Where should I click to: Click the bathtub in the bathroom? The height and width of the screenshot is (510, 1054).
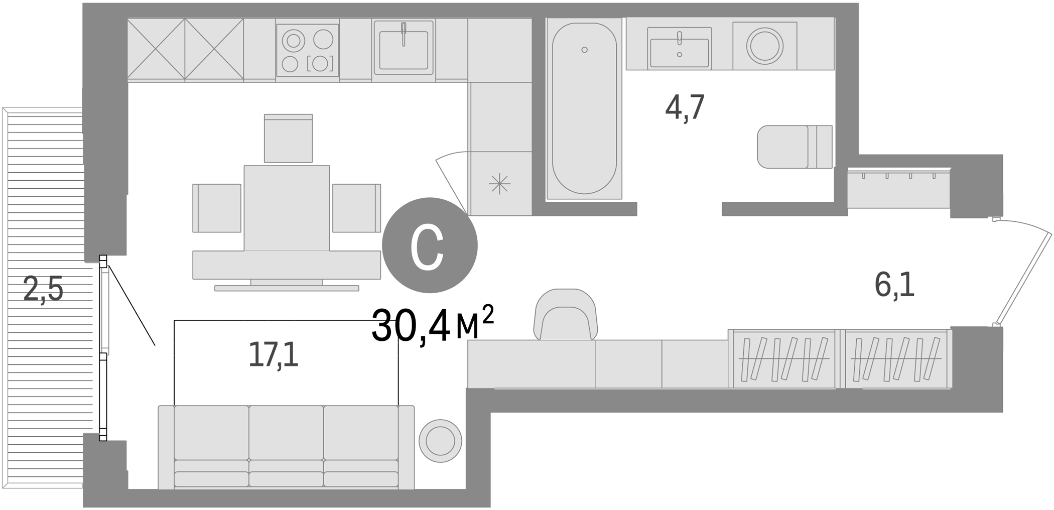(x=584, y=108)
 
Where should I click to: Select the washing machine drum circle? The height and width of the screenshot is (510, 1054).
(x=764, y=46)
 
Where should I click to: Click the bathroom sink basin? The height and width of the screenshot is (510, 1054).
(x=679, y=52)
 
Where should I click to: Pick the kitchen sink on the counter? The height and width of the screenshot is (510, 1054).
(x=404, y=50)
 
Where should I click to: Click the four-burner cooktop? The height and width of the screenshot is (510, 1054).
(x=308, y=50)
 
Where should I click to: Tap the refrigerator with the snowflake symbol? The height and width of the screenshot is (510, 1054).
(x=500, y=184)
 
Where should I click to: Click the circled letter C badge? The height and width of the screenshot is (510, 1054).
(x=429, y=245)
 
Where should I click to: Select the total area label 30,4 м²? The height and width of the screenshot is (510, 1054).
(x=432, y=325)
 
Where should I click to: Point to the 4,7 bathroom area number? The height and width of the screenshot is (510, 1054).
(x=685, y=107)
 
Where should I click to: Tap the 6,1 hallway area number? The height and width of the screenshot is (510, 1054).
(x=894, y=285)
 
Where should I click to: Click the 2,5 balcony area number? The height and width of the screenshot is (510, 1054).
(x=43, y=290)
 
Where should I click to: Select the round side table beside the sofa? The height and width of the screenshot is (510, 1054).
(x=440, y=441)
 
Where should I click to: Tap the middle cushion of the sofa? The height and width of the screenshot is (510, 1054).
(x=286, y=433)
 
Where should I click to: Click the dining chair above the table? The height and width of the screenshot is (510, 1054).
(x=288, y=139)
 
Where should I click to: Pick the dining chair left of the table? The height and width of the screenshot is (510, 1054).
(x=217, y=208)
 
